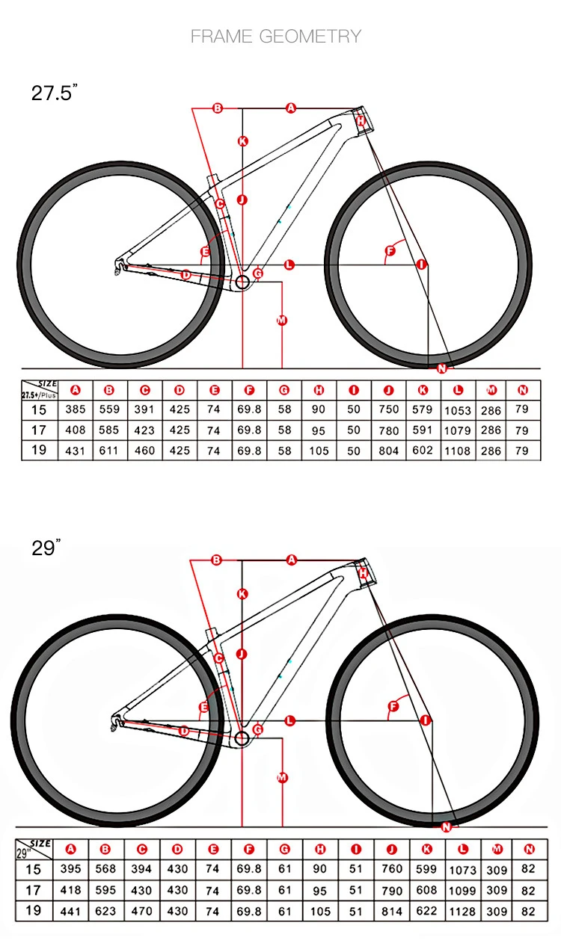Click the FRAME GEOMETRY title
(x=276, y=36)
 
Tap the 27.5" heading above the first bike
(x=55, y=93)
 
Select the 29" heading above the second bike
(x=46, y=548)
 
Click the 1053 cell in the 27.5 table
(x=458, y=410)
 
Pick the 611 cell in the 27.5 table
(x=109, y=451)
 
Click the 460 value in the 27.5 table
(x=144, y=451)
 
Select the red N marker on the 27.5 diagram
(x=441, y=368)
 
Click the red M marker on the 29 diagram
(x=282, y=778)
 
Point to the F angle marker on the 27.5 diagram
(x=389, y=250)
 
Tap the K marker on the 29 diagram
(x=242, y=594)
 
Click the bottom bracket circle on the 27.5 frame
(x=242, y=282)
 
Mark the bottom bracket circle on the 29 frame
(x=242, y=739)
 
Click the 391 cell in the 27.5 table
(x=144, y=410)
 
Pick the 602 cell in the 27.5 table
(x=423, y=451)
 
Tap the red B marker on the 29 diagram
(x=217, y=560)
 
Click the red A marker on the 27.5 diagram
(x=291, y=108)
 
